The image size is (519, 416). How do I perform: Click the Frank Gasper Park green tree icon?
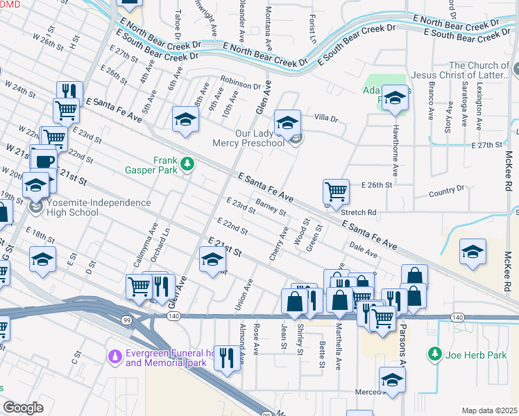tap(187, 164)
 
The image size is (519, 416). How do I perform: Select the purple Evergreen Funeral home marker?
tap(116, 356)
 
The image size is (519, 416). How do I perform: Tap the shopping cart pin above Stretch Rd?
tap(336, 190)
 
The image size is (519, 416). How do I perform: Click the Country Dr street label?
tap(445, 189)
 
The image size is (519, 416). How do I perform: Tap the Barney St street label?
tap(271, 206)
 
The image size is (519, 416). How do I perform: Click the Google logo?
tap(23, 408)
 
